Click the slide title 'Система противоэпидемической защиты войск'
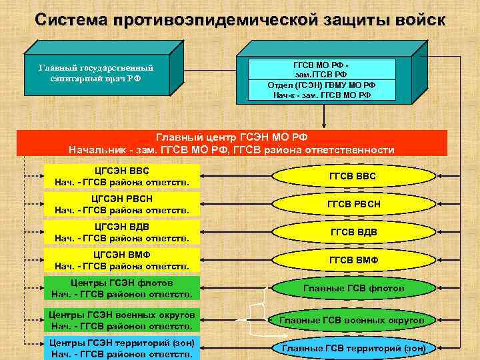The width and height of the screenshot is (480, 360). pyautogui.click(x=239, y=19)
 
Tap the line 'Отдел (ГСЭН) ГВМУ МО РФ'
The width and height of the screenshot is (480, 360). pyautogui.click(x=321, y=85)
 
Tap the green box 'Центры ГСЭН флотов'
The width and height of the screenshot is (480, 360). pyautogui.click(x=122, y=288)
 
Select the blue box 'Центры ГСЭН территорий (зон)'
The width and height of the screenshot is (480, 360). pyautogui.click(x=122, y=348)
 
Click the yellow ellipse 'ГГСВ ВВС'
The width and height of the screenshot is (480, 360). pyautogui.click(x=353, y=176)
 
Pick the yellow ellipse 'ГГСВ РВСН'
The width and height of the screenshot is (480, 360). pyautogui.click(x=353, y=204)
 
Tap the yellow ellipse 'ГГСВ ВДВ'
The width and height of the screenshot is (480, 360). pyautogui.click(x=353, y=232)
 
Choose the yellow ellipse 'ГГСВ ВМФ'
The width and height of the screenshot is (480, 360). pyautogui.click(x=353, y=260)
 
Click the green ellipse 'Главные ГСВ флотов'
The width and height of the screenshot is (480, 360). pyautogui.click(x=353, y=288)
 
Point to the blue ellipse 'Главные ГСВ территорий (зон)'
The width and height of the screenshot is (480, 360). pyautogui.click(x=353, y=348)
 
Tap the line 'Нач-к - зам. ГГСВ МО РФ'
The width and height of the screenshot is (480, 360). pyautogui.click(x=321, y=95)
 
